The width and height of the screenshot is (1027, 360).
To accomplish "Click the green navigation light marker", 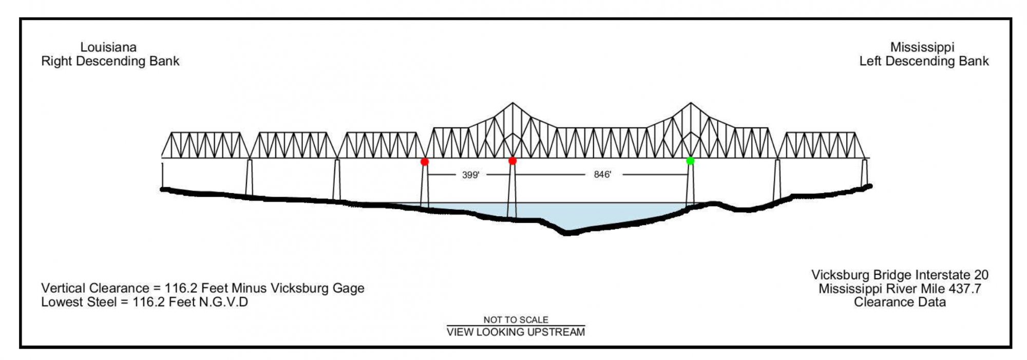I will click(690, 161).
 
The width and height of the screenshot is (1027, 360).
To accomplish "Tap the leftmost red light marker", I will click(424, 162).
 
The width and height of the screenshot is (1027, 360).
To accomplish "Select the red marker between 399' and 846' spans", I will click(512, 161).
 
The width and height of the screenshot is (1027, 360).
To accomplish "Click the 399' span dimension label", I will click(470, 175).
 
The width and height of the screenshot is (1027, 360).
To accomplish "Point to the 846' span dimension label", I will click(602, 175).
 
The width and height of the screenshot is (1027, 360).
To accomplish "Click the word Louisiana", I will click(108, 47).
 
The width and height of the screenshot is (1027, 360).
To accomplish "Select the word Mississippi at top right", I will click(922, 47).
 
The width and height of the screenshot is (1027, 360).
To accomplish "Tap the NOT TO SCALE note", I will click(516, 319).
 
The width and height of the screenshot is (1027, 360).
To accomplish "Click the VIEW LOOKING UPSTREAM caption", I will click(516, 332).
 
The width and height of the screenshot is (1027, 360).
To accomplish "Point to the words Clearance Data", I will click(900, 302).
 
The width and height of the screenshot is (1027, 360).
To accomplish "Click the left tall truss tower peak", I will click(512, 103).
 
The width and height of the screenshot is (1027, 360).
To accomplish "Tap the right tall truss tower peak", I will click(690, 103).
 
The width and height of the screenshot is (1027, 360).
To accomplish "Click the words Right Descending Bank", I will click(110, 61).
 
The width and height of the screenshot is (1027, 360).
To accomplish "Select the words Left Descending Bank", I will click(924, 61).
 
